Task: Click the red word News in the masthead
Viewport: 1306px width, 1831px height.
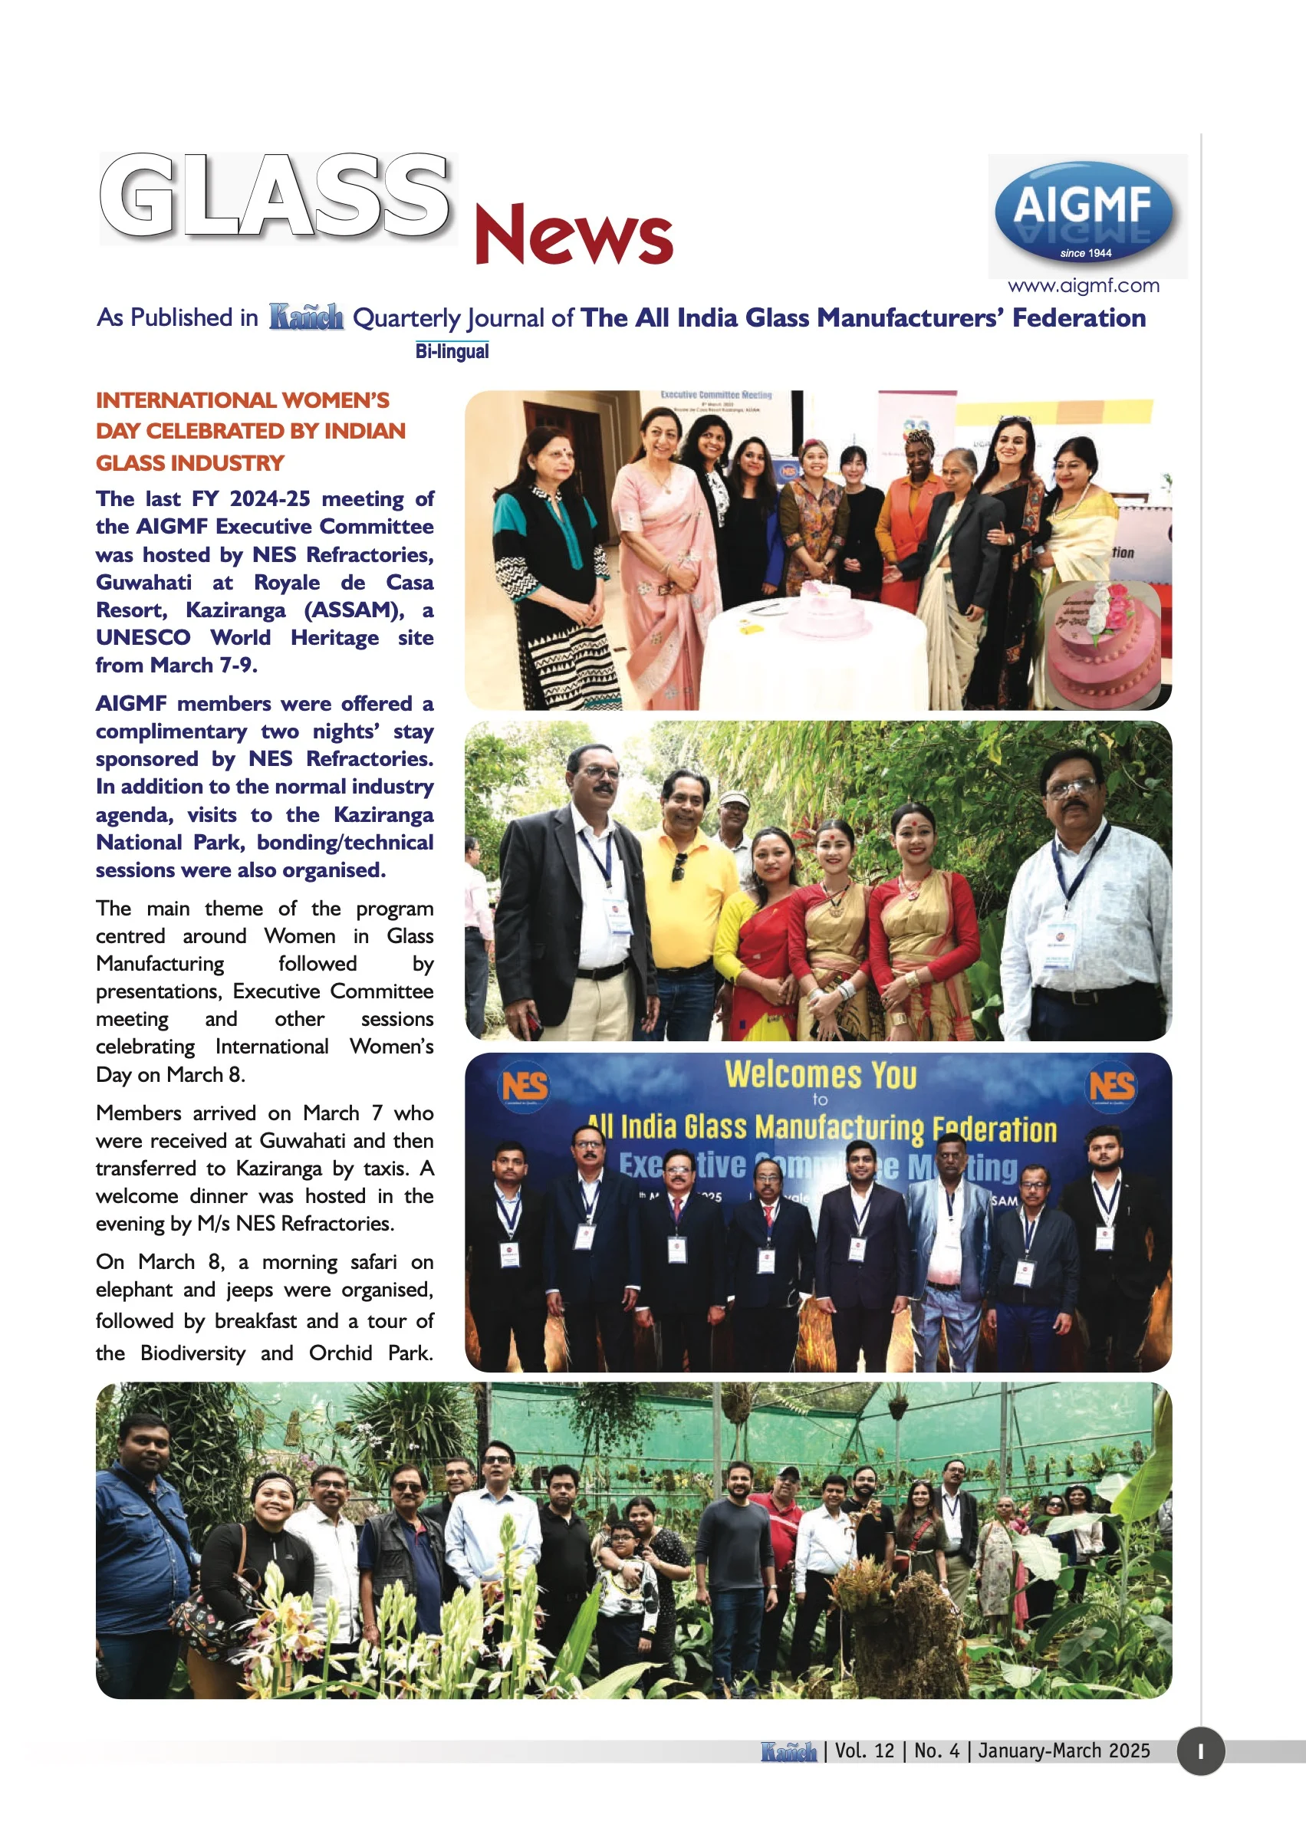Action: [573, 235]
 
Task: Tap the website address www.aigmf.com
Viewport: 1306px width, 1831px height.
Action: [1084, 285]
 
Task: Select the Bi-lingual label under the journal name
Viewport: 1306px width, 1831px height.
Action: [452, 351]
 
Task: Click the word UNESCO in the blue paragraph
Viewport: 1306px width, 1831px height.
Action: [143, 638]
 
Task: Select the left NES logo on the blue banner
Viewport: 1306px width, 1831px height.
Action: [525, 1086]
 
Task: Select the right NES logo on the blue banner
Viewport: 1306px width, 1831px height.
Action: [1111, 1086]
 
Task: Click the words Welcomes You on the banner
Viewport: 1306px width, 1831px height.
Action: [821, 1075]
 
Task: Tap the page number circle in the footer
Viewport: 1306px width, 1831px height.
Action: [1200, 1751]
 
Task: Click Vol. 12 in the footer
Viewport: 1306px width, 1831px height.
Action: [864, 1751]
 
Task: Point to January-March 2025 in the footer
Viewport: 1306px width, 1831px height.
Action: [1064, 1751]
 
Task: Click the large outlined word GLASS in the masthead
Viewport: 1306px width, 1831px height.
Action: [275, 198]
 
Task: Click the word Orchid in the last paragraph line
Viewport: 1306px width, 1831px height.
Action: [340, 1353]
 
